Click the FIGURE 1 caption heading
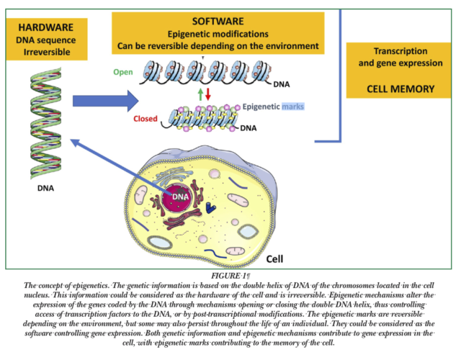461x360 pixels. (x=229, y=274)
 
